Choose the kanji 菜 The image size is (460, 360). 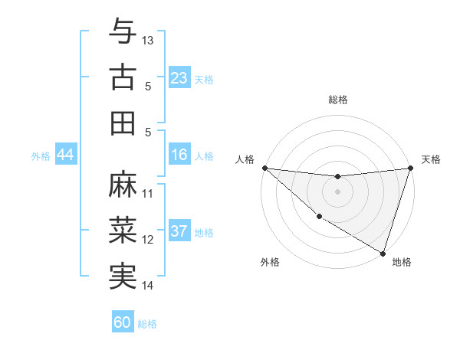(x=123, y=231)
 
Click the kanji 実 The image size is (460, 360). (x=123, y=277)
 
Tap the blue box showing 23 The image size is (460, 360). (x=179, y=78)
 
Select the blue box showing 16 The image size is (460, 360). (x=179, y=155)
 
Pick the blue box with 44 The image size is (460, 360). (x=65, y=155)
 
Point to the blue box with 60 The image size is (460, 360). (x=123, y=322)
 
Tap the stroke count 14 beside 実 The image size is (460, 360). (x=148, y=286)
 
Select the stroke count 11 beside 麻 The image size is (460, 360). (x=148, y=194)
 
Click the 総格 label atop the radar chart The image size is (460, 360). (x=337, y=100)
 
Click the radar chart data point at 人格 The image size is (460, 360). (x=264, y=167)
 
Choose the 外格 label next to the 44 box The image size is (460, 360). (x=41, y=155)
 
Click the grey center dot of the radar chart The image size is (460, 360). (x=337, y=191)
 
